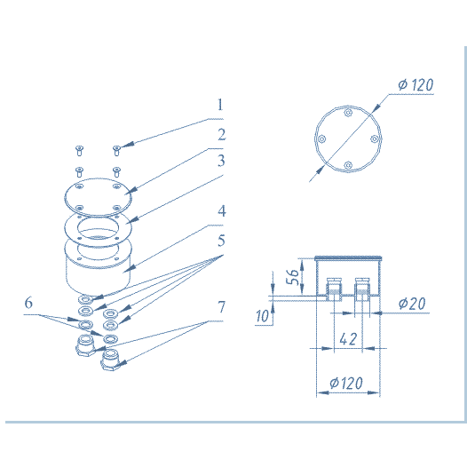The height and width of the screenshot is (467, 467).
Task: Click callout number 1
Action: pos(220,105)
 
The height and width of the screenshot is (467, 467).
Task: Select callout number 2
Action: pos(222,135)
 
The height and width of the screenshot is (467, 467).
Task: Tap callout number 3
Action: pos(221,161)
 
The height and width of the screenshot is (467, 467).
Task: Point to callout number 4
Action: pos(222,211)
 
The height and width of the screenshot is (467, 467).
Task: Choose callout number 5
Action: pos(221,241)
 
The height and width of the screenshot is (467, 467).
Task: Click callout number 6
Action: pos(28,303)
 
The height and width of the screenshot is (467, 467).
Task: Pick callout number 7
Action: pos(221,307)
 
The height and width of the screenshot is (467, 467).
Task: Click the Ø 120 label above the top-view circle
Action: pos(416,85)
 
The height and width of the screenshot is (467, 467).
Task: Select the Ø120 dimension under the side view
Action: pos(346,383)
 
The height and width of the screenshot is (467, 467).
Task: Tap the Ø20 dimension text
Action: pos(412,304)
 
